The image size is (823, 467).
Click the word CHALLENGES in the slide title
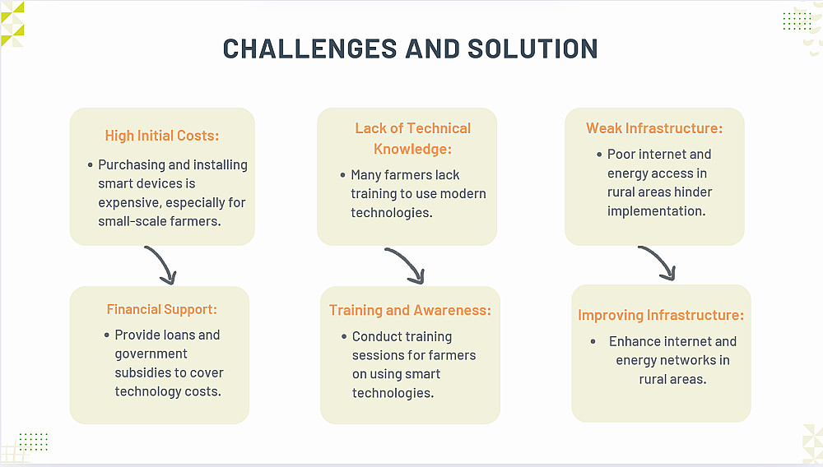(309, 49)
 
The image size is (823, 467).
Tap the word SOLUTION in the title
(532, 49)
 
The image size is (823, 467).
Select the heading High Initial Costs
(161, 136)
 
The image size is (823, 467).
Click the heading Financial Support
(161, 310)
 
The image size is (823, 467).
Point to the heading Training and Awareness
(410, 310)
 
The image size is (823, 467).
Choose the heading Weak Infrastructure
(654, 128)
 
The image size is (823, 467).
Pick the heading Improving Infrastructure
(661, 315)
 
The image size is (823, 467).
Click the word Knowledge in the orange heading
(412, 150)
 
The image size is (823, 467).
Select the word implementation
(656, 211)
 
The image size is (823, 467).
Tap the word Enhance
(634, 342)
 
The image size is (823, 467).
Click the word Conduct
(374, 336)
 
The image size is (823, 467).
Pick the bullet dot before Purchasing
(91, 165)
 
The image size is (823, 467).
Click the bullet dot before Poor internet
(599, 155)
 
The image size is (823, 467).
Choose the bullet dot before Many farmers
(342, 175)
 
